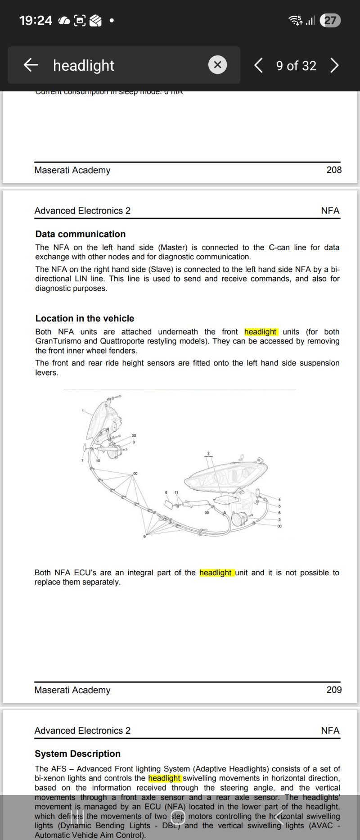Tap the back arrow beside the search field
(x=31, y=65)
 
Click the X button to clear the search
(x=217, y=65)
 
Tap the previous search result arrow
(x=258, y=65)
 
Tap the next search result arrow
(x=334, y=65)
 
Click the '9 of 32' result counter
(x=296, y=66)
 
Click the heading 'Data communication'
(x=81, y=234)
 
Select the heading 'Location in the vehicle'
(x=85, y=318)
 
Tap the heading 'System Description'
(x=77, y=754)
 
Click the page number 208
(x=334, y=170)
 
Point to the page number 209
(x=334, y=690)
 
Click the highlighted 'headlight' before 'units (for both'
(x=261, y=332)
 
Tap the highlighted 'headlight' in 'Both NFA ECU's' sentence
(x=216, y=573)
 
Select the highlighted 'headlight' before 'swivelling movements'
(x=165, y=778)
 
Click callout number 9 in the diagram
(x=144, y=537)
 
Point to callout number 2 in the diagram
(x=208, y=453)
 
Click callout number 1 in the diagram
(x=83, y=411)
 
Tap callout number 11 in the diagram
(x=176, y=492)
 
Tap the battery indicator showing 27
(x=330, y=20)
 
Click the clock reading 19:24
(x=36, y=20)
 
